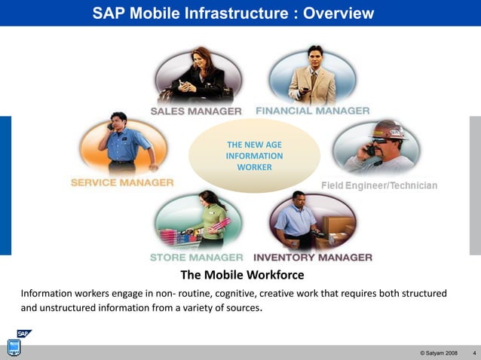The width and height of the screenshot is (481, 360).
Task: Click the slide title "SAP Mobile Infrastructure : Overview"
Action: click(x=232, y=13)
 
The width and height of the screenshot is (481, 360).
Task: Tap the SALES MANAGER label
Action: click(x=196, y=111)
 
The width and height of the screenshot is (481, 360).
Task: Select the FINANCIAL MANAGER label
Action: click(x=312, y=110)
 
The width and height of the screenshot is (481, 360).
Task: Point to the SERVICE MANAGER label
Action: click(x=121, y=182)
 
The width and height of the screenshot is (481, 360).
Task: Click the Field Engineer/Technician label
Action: click(x=378, y=185)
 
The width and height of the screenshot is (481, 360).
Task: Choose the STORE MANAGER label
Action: click(x=196, y=257)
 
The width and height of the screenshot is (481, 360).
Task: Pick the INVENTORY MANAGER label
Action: click(x=312, y=257)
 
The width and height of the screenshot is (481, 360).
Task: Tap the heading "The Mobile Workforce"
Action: click(x=242, y=275)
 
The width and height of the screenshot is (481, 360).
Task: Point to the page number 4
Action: click(x=473, y=353)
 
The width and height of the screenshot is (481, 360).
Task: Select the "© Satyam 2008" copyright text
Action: click(x=438, y=353)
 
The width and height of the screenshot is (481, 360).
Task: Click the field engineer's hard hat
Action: click(x=389, y=130)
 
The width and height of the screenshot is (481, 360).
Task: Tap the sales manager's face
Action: click(x=202, y=56)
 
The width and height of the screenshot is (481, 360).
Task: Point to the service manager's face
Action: click(x=118, y=122)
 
